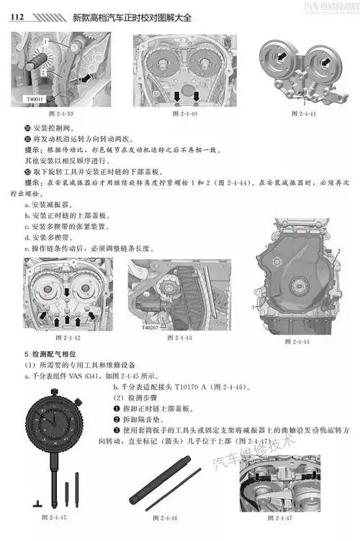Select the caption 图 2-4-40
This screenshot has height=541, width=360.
pyautogui.click(x=184, y=114)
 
